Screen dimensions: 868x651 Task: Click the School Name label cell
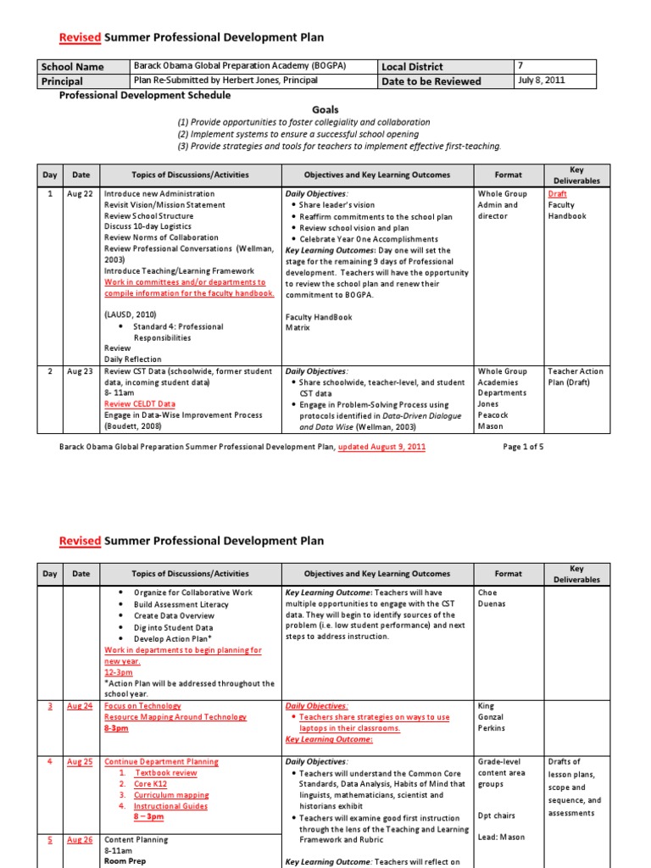pos(72,67)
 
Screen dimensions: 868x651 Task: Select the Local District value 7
pos(521,66)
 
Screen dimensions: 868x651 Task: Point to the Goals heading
pos(325,110)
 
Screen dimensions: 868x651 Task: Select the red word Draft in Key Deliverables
pos(558,194)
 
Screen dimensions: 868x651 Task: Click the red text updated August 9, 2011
pos(381,447)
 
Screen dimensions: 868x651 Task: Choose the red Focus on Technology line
pos(142,706)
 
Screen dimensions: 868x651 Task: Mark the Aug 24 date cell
pos(81,706)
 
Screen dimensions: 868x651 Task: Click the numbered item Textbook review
pos(166,773)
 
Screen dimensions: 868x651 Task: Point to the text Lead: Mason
pos(501,837)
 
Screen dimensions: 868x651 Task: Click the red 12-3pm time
pos(118,672)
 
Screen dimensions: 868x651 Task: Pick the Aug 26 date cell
pos(81,840)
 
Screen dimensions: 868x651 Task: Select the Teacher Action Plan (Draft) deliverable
pos(576,377)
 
